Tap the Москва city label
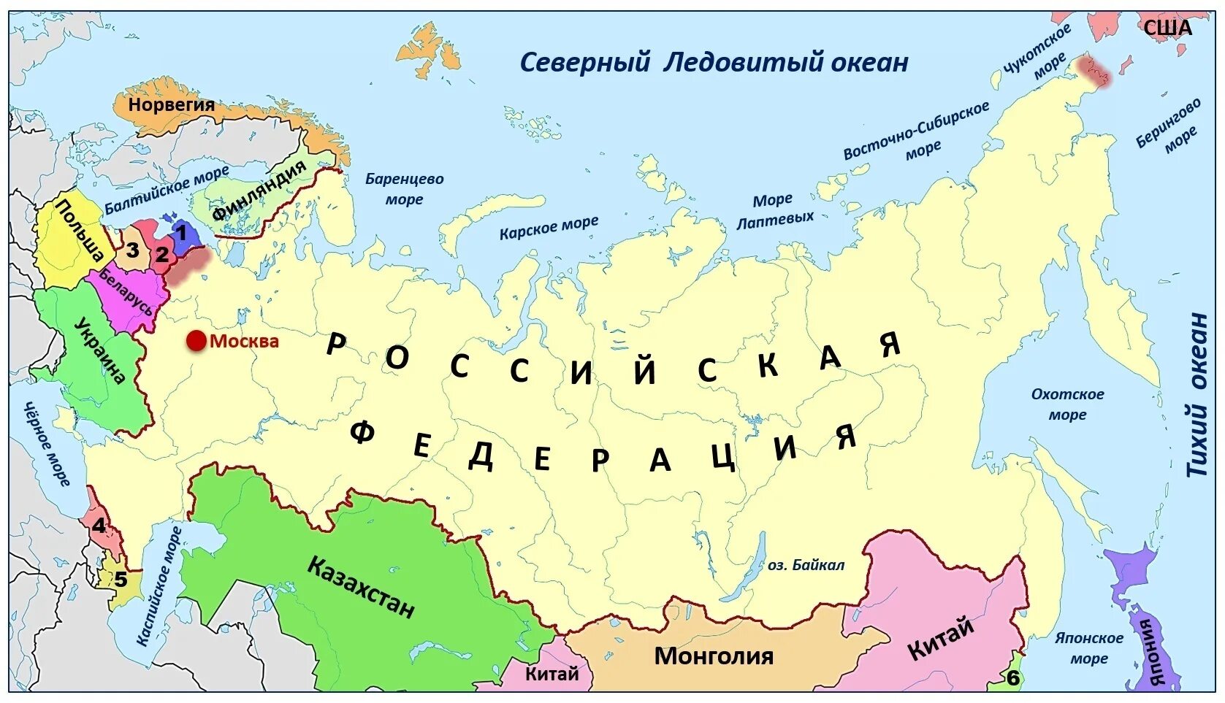244,341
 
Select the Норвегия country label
172,104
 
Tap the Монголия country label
713,656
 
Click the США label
1167,28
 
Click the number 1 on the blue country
181,234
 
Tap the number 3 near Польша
132,250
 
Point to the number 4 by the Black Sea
99,525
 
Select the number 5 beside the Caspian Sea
121,580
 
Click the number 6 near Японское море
1012,678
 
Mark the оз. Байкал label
806,564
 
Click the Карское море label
549,228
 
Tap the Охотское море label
1067,404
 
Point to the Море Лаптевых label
774,210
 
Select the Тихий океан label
1198,394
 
